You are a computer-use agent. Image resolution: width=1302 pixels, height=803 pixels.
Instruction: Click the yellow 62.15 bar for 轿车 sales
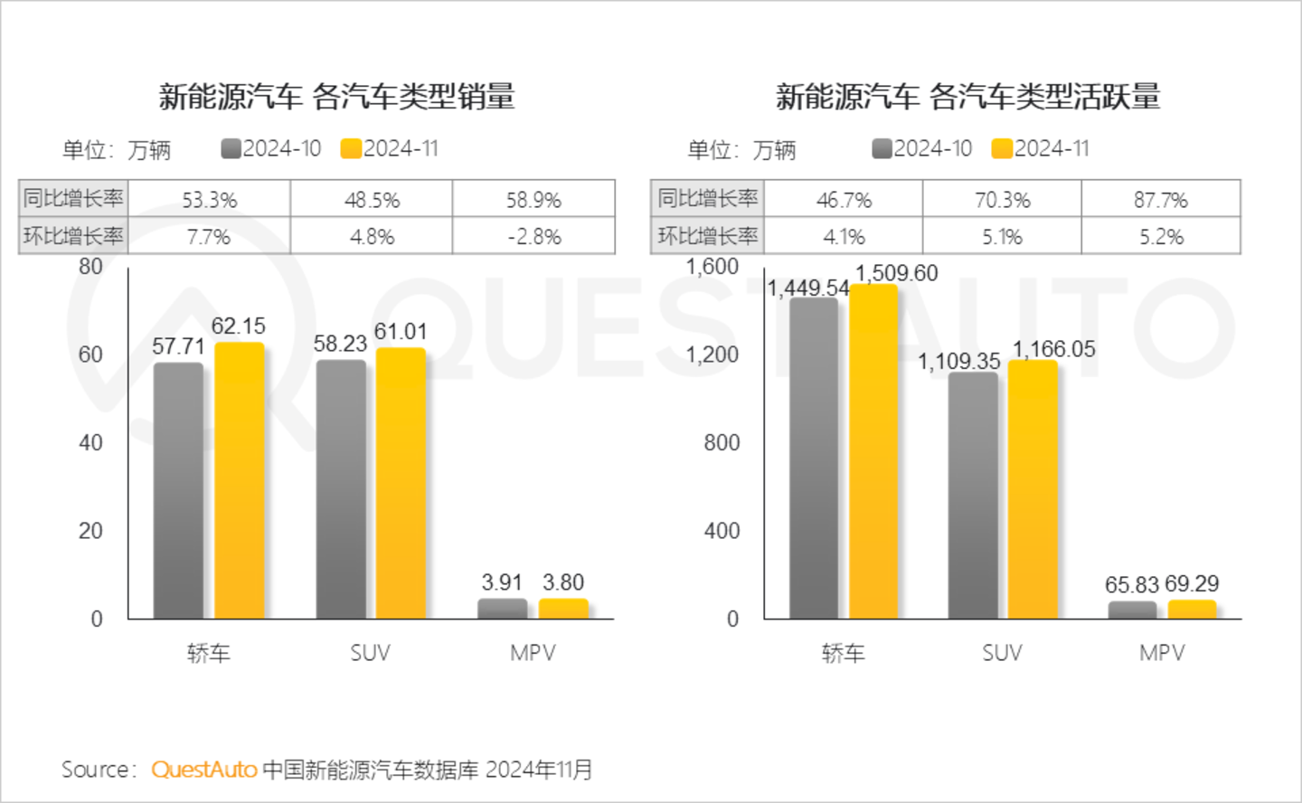click(240, 480)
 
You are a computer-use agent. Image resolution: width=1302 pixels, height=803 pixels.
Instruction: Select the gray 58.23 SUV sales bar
click(341, 489)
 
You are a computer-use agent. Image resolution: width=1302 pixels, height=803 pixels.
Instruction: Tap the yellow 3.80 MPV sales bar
click(563, 609)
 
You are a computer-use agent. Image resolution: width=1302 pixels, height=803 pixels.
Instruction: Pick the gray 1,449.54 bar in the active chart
click(814, 458)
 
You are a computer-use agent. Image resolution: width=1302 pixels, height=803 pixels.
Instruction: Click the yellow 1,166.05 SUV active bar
click(1033, 489)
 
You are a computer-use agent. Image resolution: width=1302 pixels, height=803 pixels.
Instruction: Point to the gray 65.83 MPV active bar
click(1132, 610)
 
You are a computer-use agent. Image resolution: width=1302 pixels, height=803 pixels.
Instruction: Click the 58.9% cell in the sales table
click(533, 199)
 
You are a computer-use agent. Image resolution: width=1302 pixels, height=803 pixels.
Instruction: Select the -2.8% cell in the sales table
click(533, 237)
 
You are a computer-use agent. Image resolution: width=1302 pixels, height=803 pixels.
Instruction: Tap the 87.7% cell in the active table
click(1161, 199)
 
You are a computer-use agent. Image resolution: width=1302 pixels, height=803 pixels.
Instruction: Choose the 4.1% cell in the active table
click(844, 237)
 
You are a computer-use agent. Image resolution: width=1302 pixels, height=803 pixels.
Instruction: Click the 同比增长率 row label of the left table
click(72, 198)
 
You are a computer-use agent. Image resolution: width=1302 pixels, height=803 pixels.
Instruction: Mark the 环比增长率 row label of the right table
click(707, 236)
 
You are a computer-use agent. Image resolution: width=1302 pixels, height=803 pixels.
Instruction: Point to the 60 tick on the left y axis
click(90, 354)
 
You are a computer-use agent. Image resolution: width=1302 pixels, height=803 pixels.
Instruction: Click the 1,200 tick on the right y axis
click(712, 354)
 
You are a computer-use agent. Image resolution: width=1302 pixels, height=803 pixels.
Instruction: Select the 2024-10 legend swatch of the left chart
click(231, 148)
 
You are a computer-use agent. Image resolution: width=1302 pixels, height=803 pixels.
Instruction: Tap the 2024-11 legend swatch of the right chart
click(1001, 148)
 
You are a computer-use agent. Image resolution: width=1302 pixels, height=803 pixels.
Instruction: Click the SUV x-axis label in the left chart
click(370, 653)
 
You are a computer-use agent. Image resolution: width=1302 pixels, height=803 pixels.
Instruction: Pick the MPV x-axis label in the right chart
click(1162, 653)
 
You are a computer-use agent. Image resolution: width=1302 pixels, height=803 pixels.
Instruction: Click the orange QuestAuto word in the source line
click(204, 770)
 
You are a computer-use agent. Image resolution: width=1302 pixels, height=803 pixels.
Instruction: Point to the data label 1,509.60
click(896, 273)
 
